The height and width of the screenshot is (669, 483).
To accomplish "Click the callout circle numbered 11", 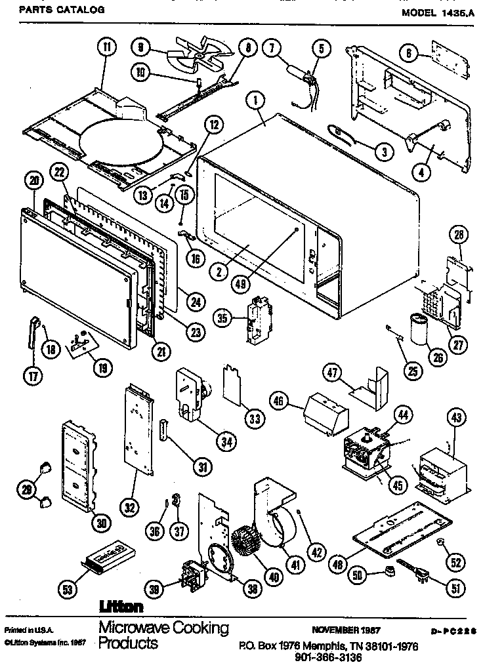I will [105, 47].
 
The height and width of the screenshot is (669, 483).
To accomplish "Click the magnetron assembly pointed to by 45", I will [366, 453].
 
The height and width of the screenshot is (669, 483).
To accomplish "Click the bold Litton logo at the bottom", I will [121, 607].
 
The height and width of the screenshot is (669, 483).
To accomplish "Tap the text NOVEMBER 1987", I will [348, 630].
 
